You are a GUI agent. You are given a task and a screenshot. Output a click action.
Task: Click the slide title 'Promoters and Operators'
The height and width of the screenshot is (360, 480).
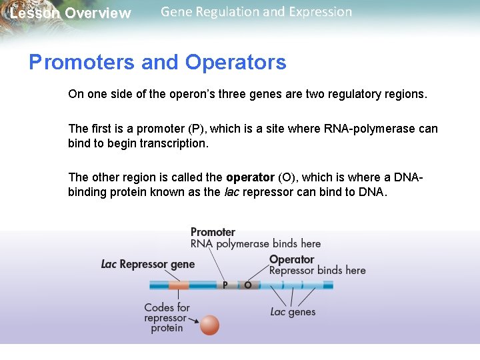click(157, 63)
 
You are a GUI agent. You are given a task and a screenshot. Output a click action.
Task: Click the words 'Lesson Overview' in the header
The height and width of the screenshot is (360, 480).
click(71, 13)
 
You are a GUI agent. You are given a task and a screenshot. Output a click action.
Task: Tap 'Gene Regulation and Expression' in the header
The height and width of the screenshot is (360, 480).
click(256, 12)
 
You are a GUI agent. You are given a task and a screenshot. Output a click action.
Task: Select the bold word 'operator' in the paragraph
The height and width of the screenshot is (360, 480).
click(250, 177)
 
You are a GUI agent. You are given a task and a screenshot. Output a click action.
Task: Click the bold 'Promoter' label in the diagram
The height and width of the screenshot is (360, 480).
click(213, 232)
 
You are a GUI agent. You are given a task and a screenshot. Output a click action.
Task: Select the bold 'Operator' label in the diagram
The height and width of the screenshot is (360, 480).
click(291, 259)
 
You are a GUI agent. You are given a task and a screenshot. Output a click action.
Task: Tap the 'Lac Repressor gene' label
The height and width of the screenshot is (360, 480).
click(148, 264)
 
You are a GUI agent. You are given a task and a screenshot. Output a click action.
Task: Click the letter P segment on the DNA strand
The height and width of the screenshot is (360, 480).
click(225, 285)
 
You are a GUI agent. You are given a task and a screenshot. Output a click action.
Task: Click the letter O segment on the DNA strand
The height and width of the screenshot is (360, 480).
click(247, 285)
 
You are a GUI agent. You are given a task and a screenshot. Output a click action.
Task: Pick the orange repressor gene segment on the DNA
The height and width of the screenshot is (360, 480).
click(179, 285)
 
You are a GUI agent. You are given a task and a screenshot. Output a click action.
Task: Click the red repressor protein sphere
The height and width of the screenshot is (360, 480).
click(209, 325)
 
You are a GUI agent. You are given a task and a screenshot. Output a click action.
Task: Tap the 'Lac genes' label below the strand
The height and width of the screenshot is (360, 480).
click(293, 312)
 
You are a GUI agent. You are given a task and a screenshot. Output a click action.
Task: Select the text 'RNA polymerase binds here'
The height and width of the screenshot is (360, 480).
click(255, 244)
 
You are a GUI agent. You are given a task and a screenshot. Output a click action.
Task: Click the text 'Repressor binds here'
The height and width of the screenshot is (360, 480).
click(317, 270)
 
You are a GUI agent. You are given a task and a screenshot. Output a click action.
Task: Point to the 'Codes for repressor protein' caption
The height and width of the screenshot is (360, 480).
click(167, 318)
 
